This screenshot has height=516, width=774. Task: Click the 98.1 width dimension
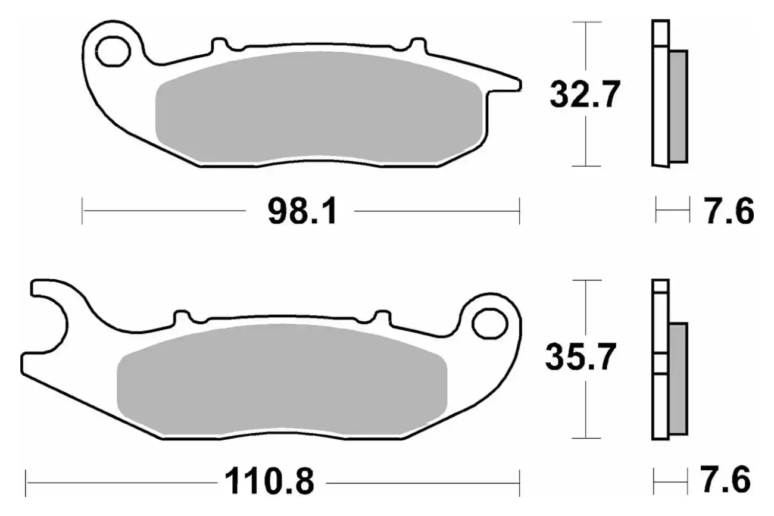(x=302, y=211)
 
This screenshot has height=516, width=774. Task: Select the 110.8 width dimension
(x=270, y=481)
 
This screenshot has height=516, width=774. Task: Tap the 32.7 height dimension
(x=585, y=94)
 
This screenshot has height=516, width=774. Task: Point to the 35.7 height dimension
(x=580, y=356)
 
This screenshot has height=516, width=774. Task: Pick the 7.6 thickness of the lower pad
(x=726, y=480)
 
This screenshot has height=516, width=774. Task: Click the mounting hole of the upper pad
(x=113, y=52)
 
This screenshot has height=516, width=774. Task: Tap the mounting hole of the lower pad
(x=490, y=324)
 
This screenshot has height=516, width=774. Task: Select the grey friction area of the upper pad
(x=319, y=107)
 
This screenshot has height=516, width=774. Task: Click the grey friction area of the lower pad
(x=282, y=379)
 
